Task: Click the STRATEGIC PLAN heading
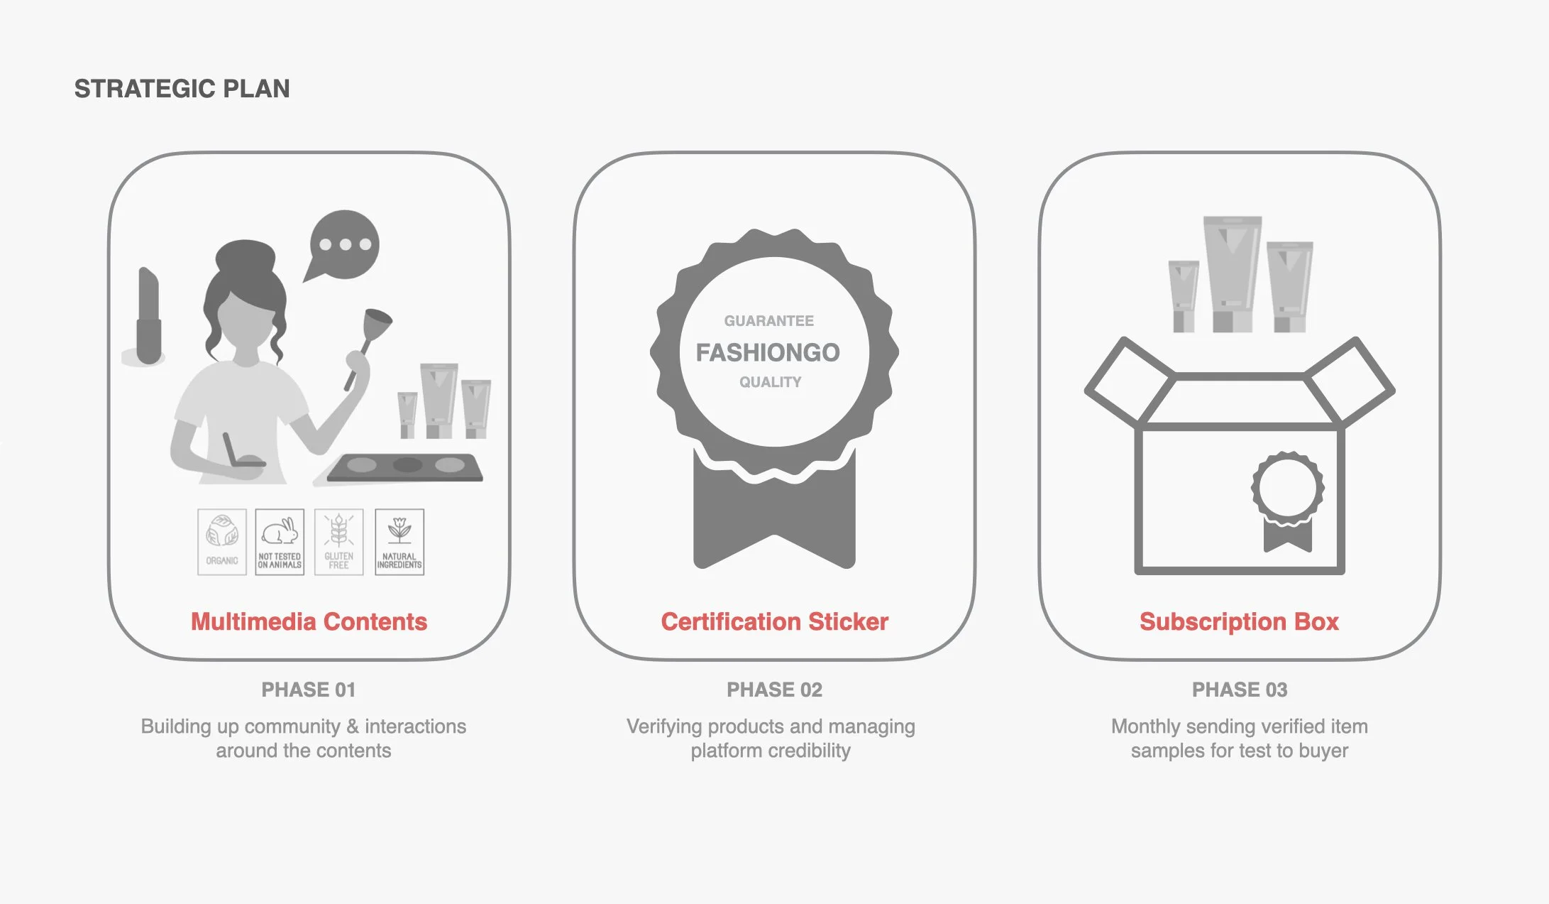(182, 89)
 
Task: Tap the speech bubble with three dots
(344, 245)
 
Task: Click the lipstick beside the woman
(148, 316)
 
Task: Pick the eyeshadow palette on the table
(406, 467)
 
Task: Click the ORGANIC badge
(222, 542)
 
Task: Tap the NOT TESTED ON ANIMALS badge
(280, 542)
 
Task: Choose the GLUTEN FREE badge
(339, 542)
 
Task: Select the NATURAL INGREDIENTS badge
(399, 542)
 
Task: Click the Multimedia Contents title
(309, 621)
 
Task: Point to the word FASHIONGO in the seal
(768, 352)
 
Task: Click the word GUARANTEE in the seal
(768, 321)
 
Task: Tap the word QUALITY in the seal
(770, 382)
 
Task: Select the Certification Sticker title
(774, 621)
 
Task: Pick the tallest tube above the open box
(1233, 273)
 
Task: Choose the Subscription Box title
(1239, 621)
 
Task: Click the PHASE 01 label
(308, 690)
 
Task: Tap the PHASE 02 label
(774, 690)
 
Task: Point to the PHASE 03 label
(1239, 690)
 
